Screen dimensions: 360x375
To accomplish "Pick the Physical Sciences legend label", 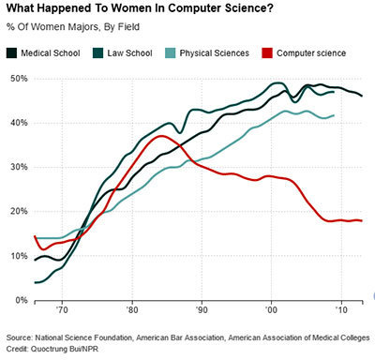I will point(216,52).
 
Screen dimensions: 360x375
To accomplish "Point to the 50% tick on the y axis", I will point(18,79).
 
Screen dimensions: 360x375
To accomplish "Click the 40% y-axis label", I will point(18,123).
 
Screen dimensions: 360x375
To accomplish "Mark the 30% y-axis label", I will point(18,167).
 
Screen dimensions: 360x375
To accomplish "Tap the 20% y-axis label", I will point(18,211).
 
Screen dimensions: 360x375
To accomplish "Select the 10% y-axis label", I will point(18,256).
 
